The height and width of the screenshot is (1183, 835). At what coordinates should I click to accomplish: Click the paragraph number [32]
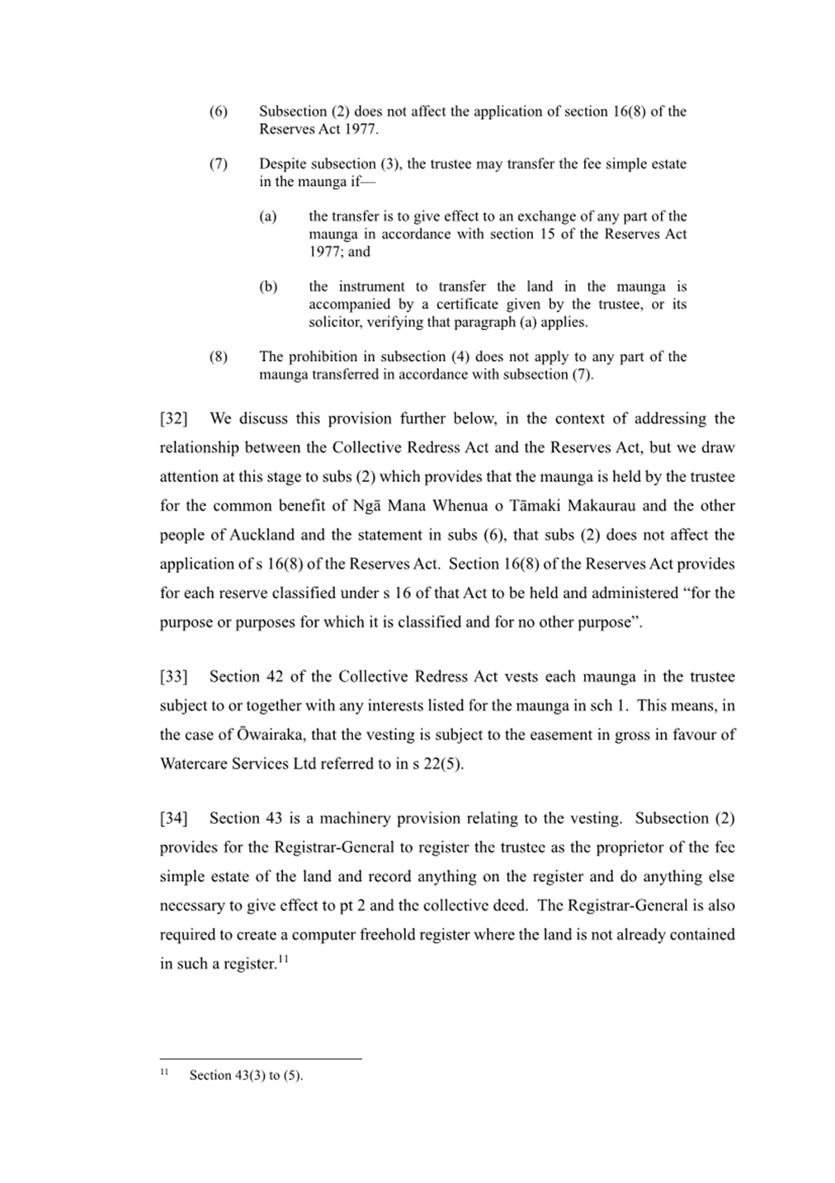pos(173,419)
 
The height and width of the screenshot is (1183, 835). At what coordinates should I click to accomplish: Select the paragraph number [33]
pos(173,677)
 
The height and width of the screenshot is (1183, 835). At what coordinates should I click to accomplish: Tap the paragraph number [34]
pos(173,818)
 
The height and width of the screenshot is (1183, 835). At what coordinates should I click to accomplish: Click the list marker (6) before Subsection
pos(218,111)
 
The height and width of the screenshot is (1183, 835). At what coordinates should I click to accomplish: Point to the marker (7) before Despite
pos(218,163)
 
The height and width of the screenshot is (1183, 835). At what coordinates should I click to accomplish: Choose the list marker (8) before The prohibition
pos(218,357)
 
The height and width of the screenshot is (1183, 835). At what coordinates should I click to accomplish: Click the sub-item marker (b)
pos(268,286)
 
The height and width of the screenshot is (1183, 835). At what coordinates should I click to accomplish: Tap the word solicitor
pos(334,322)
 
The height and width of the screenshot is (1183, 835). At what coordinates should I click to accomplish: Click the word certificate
pos(465,304)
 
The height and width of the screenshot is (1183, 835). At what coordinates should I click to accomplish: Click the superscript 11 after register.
pos(282,958)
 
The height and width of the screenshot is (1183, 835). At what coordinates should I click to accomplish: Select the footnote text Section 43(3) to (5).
pos(246,1075)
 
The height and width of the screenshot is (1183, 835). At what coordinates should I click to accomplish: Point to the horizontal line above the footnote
pos(261,1058)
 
